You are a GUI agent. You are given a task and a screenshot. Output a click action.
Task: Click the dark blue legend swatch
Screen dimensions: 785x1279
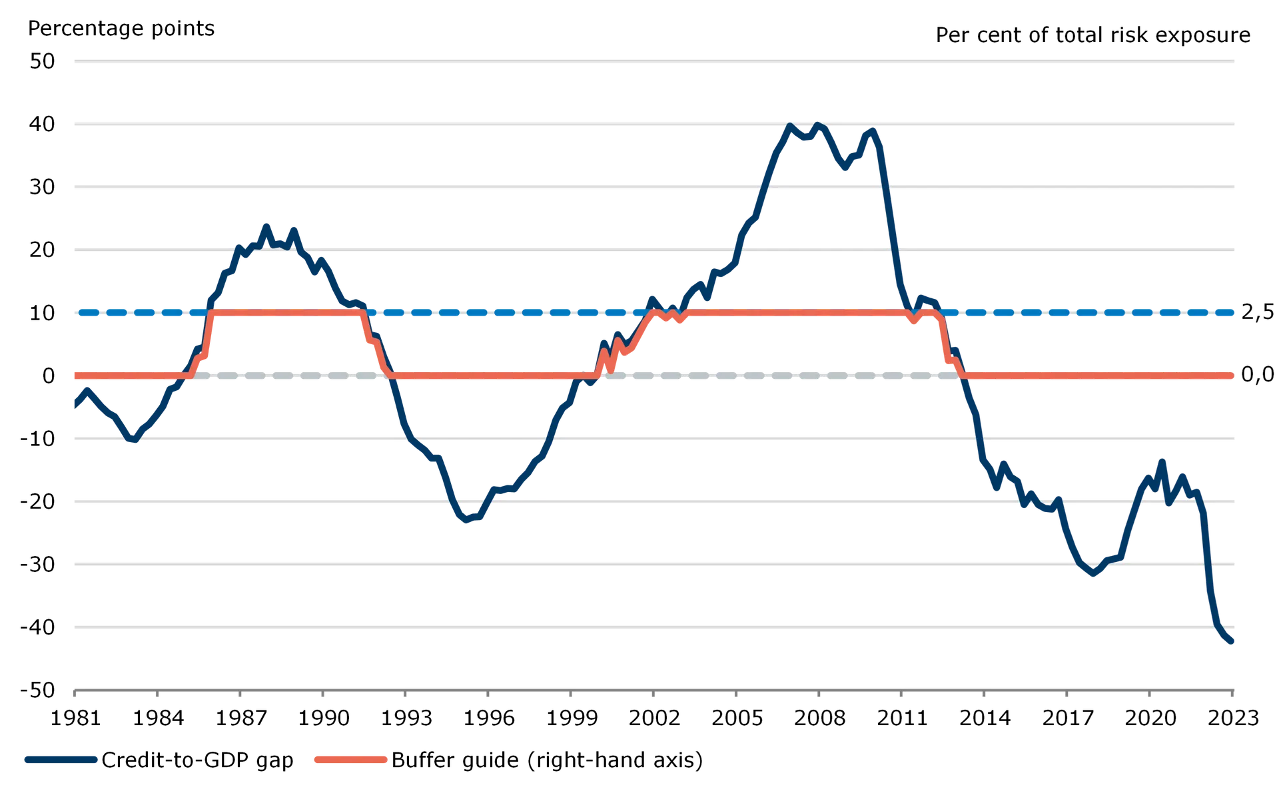[61, 759]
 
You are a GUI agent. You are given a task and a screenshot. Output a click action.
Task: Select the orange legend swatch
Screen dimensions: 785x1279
[349, 759]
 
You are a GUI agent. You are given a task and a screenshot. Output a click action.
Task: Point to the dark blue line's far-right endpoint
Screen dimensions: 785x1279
[1233, 644]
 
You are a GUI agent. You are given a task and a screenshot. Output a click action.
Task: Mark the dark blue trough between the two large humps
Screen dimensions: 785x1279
[466, 521]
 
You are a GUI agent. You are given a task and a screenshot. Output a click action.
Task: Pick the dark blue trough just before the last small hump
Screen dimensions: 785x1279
[1092, 575]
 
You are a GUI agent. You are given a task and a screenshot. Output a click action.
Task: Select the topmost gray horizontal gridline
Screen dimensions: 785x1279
[653, 59]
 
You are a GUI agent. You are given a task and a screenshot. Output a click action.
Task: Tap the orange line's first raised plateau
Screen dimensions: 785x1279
[286, 312]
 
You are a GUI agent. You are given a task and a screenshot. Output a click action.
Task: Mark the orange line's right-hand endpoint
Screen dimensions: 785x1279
[1233, 376]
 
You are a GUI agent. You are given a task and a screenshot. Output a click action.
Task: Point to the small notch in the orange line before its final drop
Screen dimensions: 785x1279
[914, 322]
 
